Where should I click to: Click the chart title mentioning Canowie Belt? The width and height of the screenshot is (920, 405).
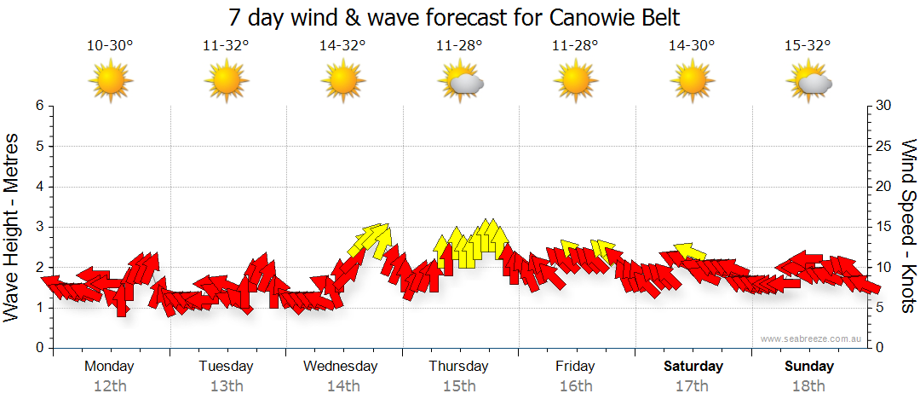[x=459, y=17]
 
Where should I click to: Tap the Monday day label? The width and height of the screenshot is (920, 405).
[x=109, y=366]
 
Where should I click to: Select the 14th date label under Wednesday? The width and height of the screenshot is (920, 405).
[x=342, y=385]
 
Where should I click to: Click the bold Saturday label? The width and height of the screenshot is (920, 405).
[x=693, y=366]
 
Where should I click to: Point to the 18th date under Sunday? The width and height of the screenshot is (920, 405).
[x=809, y=385]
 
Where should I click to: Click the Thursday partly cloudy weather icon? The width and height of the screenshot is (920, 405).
[x=460, y=81]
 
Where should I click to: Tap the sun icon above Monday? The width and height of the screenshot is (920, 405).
[x=110, y=81]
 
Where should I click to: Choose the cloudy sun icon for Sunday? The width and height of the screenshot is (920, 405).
[x=809, y=81]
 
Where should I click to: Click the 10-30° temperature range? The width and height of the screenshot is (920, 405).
[x=110, y=46]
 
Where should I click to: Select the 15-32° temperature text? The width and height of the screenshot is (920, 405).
[x=809, y=46]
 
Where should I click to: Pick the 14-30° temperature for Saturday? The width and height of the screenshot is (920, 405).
[x=693, y=46]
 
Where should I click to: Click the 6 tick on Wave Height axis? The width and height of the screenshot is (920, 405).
[x=38, y=106]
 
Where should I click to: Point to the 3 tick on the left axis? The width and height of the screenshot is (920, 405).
[x=38, y=227]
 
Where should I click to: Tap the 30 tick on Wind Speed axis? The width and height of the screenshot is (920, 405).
[x=884, y=106]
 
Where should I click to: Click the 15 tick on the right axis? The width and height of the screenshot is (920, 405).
[x=884, y=227]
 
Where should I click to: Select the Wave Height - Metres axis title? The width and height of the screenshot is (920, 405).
[x=13, y=227]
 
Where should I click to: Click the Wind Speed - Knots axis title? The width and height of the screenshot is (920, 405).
[x=908, y=227]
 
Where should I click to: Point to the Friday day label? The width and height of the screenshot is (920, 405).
[x=576, y=366]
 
